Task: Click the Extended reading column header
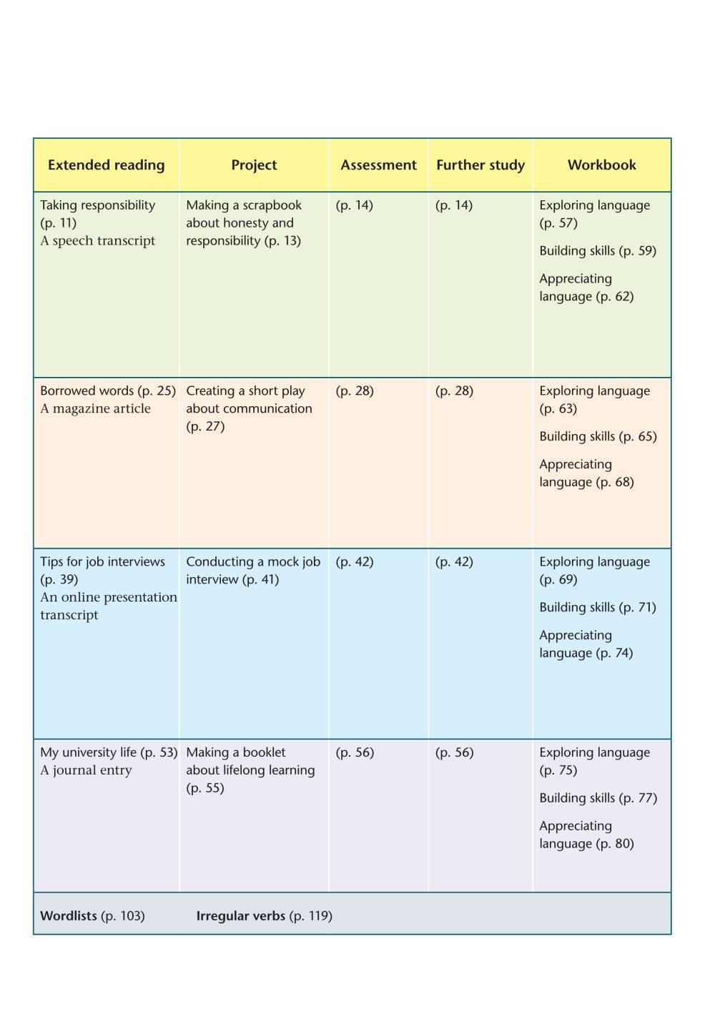tap(106, 165)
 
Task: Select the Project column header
tap(254, 165)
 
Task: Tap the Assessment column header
tap(378, 165)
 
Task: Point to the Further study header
tap(480, 165)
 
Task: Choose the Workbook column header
tap(601, 165)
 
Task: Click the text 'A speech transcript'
tap(97, 241)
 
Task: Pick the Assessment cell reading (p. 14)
tap(355, 205)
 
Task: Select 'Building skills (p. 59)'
tap(598, 251)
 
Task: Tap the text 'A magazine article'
tap(95, 409)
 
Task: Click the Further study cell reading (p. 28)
tap(454, 391)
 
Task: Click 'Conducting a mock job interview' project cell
tap(253, 571)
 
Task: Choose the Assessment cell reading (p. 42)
tap(355, 562)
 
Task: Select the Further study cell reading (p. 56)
tap(454, 753)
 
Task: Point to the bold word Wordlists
tap(69, 916)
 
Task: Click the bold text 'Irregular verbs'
tap(240, 916)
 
